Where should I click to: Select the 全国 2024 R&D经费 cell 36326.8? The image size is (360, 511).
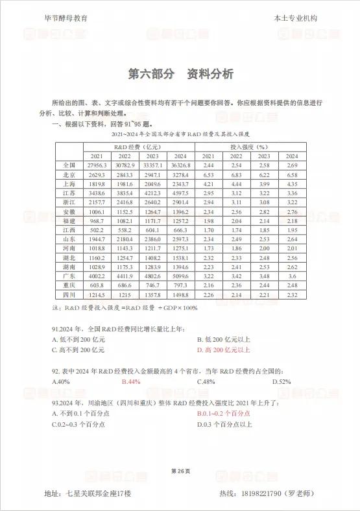tap(180, 166)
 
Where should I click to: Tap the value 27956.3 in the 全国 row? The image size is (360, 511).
tap(97, 166)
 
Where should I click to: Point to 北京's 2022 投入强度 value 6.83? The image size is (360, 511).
tap(236, 175)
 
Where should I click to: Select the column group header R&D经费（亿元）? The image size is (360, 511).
tap(138, 147)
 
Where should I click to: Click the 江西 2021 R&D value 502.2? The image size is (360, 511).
tap(97, 230)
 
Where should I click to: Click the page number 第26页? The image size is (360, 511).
tap(180, 469)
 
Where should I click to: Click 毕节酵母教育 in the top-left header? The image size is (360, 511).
tap(67, 19)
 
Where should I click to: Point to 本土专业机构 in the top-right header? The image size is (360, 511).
tap(296, 19)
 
